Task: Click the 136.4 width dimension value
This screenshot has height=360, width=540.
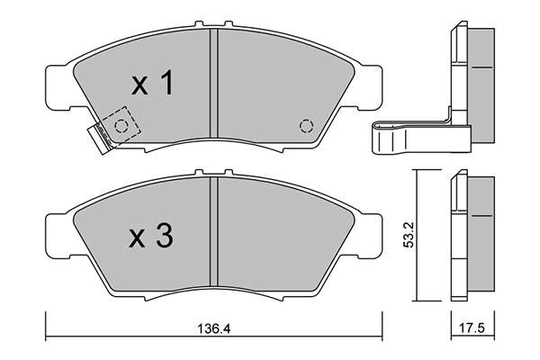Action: tap(213, 328)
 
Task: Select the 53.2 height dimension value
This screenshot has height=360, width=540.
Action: tap(409, 235)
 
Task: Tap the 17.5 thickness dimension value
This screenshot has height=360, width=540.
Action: tap(472, 328)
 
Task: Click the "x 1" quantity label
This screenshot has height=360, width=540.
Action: tap(152, 82)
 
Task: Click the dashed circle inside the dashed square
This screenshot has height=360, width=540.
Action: tap(121, 126)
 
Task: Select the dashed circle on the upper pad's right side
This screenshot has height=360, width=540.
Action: tap(306, 126)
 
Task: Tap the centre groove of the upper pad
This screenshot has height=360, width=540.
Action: tap(214, 84)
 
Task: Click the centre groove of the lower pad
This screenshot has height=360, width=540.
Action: tap(214, 232)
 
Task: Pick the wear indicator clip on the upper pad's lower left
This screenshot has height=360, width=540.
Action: tap(100, 138)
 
